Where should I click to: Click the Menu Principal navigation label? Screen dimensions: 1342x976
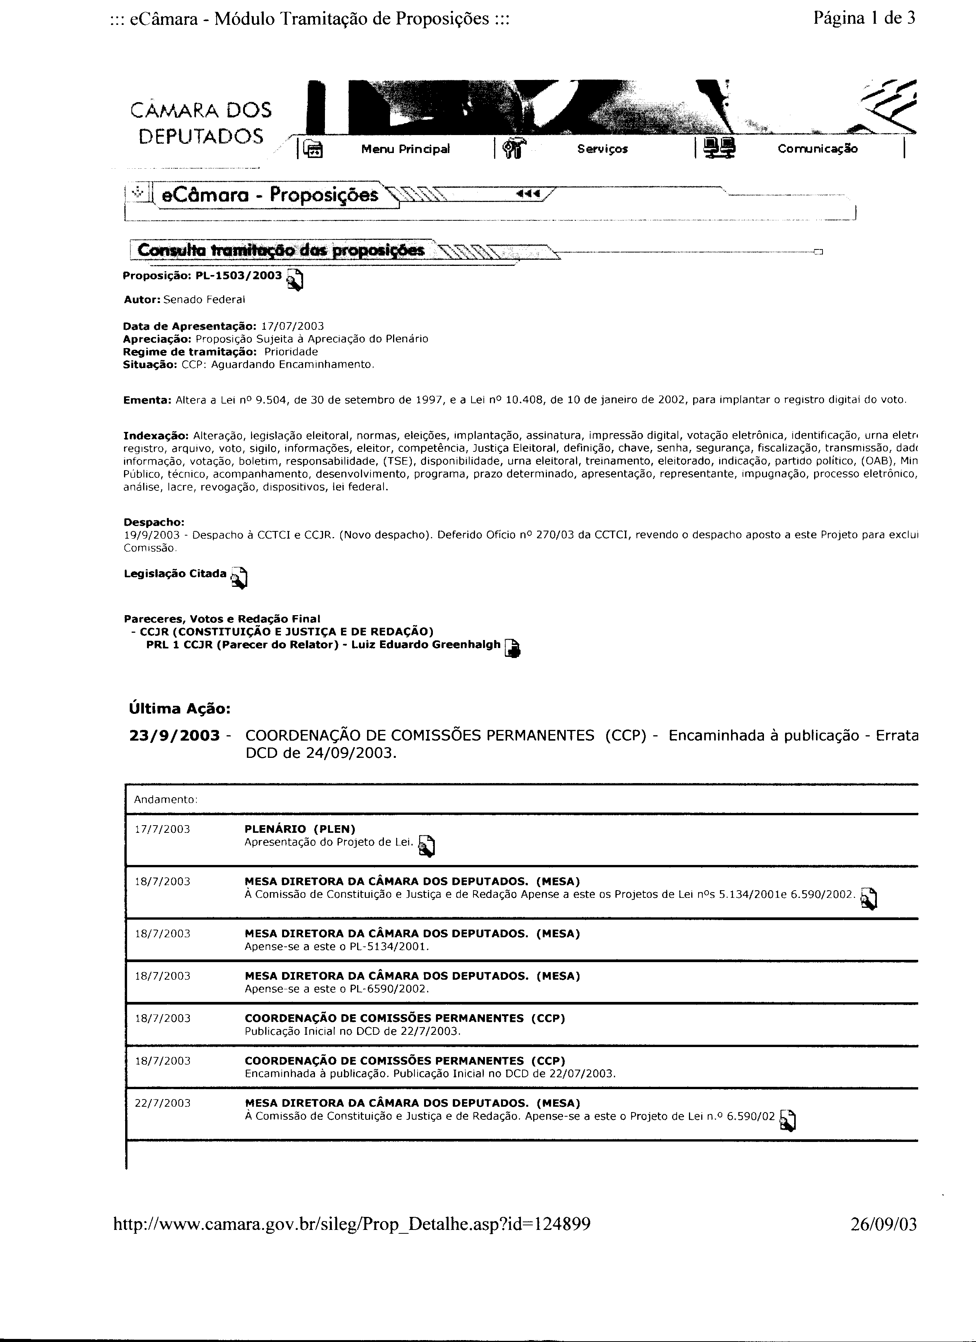pyautogui.click(x=405, y=149)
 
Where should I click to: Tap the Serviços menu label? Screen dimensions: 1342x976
pyautogui.click(x=602, y=149)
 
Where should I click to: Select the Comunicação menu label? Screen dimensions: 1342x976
pyautogui.click(x=818, y=149)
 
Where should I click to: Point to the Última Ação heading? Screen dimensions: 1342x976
pyautogui.click(x=180, y=709)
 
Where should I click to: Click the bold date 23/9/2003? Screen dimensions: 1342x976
pyautogui.click(x=174, y=736)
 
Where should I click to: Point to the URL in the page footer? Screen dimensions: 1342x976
pyautogui.click(x=352, y=1224)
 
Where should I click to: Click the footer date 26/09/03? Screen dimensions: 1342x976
pyautogui.click(x=883, y=1224)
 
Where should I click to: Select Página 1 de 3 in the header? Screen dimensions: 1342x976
pyautogui.click(x=864, y=18)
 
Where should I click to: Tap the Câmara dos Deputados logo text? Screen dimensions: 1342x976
pyautogui.click(x=201, y=123)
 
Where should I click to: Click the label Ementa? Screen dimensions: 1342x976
pyautogui.click(x=147, y=400)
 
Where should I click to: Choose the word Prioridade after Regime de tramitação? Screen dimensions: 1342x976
pyautogui.click(x=291, y=352)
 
